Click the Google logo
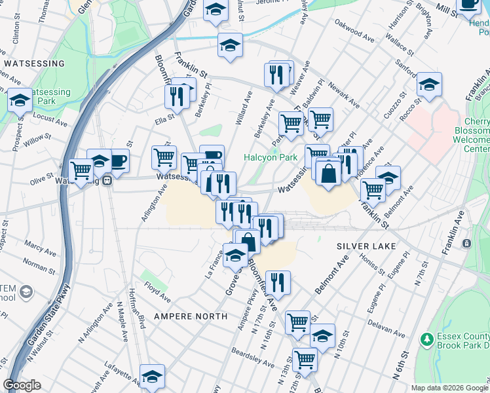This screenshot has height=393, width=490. click(x=22, y=385)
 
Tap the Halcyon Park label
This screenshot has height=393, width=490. click(x=271, y=157)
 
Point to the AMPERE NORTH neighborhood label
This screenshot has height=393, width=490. click(x=190, y=316)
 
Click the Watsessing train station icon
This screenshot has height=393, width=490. click(x=107, y=181)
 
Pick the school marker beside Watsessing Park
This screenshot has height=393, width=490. click(x=20, y=100)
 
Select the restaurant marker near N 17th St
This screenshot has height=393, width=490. click(x=278, y=282)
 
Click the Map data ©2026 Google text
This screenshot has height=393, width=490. click(x=449, y=388)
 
